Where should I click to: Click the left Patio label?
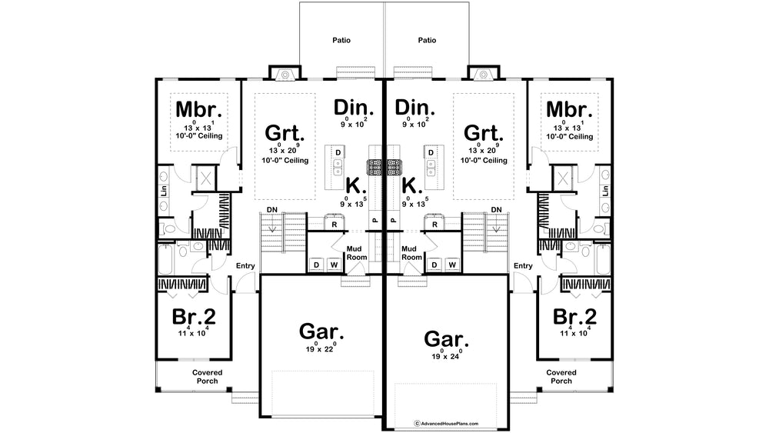pyautogui.click(x=341, y=40)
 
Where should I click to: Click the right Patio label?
pyautogui.click(x=427, y=40)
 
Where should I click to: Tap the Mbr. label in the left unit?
pyautogui.click(x=198, y=109)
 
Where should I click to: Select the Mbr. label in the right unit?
pyautogui.click(x=569, y=109)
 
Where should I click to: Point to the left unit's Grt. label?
pyautogui.click(x=285, y=133)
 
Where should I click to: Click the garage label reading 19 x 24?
pyautogui.click(x=446, y=356)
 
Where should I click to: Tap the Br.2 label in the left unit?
pyautogui.click(x=194, y=317)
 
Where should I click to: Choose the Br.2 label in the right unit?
pyautogui.click(x=574, y=317)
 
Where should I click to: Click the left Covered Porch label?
pyautogui.click(x=207, y=377)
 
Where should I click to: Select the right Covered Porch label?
pyautogui.click(x=561, y=377)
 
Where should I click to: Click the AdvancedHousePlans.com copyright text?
pyautogui.click(x=446, y=423)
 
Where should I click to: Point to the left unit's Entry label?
pyautogui.click(x=245, y=266)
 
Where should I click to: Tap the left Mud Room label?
pyautogui.click(x=357, y=253)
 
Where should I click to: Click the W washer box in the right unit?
pyautogui.click(x=452, y=265)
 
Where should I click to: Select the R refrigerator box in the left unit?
pyautogui.click(x=335, y=224)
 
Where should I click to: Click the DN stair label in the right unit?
pyautogui.click(x=496, y=210)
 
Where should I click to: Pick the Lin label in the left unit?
pyautogui.click(x=164, y=191)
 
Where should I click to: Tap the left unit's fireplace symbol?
pyautogui.click(x=285, y=74)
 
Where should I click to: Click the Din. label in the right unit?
pyautogui.click(x=415, y=108)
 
